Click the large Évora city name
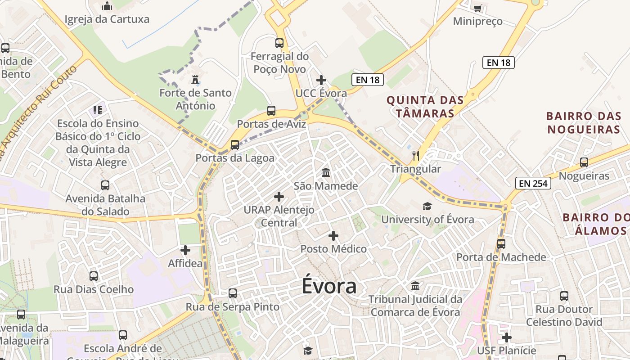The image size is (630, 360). click(329, 286)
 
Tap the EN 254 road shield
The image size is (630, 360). click(533, 183)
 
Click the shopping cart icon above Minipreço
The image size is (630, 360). click(477, 8)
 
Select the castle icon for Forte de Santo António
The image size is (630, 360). click(195, 80)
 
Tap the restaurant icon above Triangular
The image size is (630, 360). click(416, 156)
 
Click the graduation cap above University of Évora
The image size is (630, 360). click(427, 206)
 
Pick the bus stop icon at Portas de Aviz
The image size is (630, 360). click(271, 111)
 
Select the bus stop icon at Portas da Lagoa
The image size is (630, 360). click(235, 145)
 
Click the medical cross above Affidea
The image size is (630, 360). click(185, 250)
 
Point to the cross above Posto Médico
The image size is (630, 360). click(333, 236)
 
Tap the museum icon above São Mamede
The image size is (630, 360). click(326, 173)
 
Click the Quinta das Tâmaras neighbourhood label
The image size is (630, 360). click(425, 106)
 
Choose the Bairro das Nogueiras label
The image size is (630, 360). click(583, 122)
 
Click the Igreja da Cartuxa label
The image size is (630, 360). click(107, 19)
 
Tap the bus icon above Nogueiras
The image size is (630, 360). click(584, 162)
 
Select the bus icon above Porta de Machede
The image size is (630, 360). click(501, 244)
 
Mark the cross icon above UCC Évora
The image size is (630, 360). click(321, 80)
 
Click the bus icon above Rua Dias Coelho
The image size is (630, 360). click(94, 276)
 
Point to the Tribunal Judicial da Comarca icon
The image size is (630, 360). click(415, 286)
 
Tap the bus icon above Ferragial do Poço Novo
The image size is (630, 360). click(279, 43)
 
